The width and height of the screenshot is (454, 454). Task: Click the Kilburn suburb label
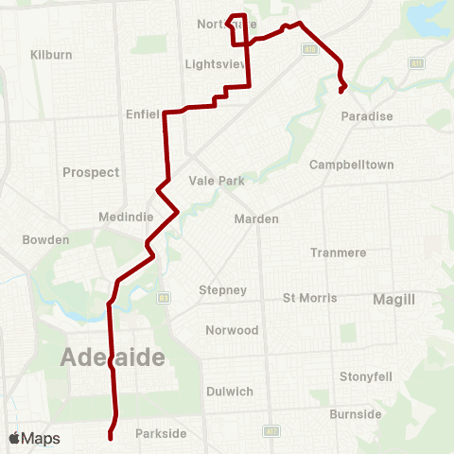tap(51, 55)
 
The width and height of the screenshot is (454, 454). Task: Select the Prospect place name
tap(91, 172)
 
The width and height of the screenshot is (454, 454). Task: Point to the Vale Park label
tap(217, 181)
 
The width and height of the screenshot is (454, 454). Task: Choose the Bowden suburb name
tap(46, 240)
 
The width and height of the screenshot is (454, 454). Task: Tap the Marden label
tap(256, 218)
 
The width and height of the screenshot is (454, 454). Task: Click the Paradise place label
tap(368, 116)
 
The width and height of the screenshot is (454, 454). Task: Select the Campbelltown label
tap(352, 165)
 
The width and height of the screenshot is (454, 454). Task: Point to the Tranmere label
tap(339, 253)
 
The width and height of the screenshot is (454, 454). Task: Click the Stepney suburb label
tap(223, 290)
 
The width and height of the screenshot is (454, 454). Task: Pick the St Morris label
tap(310, 298)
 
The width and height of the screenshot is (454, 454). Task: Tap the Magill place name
tap(393, 299)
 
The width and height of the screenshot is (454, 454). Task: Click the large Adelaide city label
tap(113, 358)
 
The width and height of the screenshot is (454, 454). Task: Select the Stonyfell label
tap(366, 376)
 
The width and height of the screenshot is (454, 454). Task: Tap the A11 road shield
tap(415, 62)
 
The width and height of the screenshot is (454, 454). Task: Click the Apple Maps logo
tap(34, 438)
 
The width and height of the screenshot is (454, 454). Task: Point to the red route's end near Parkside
tap(111, 438)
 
